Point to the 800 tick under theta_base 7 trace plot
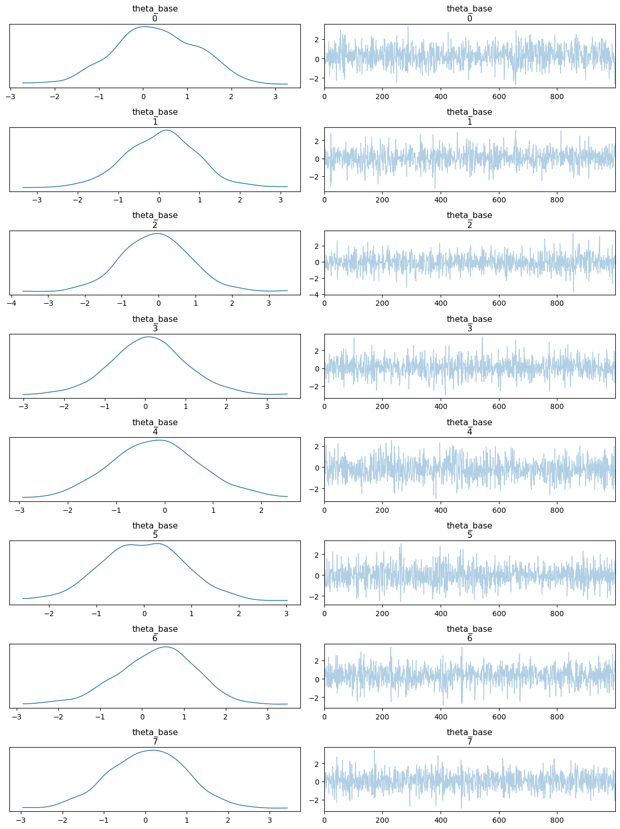point(557,821)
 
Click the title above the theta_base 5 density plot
point(155,530)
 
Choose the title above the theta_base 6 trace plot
point(469,633)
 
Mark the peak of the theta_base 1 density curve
point(166,130)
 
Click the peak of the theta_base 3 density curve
point(148,337)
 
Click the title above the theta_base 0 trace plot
point(469,14)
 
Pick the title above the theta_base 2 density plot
point(155,220)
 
